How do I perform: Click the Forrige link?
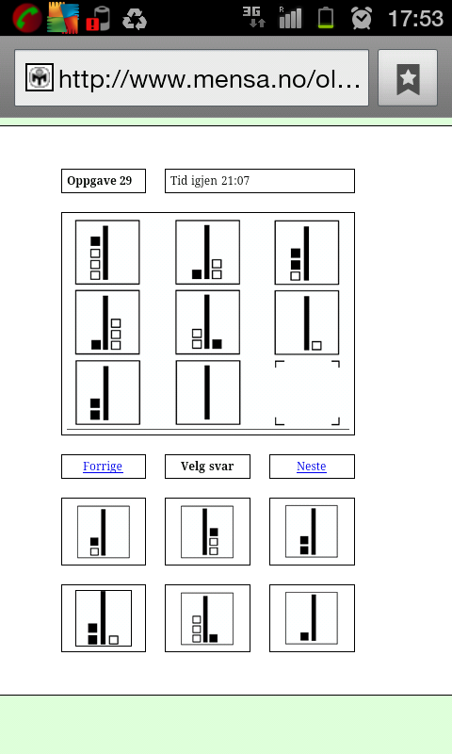coord(103,467)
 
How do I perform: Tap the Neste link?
coord(312,467)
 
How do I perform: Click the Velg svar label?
coord(207,467)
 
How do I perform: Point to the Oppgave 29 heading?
coord(100,181)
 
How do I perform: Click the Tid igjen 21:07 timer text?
coord(210,181)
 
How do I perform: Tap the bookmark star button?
coord(408,78)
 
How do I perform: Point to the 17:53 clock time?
coord(415,18)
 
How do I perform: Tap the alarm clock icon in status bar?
coord(362,18)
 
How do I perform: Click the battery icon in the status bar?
coord(326,18)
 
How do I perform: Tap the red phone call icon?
coord(26,18)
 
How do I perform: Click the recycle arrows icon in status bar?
coord(135,19)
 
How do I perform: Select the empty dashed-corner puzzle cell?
coord(307,393)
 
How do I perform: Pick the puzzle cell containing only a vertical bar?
coord(207,392)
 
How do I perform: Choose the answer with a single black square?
coord(312,618)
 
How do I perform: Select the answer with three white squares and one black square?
coord(207,618)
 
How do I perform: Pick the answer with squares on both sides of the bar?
coord(104,618)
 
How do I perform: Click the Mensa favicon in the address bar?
coord(40,77)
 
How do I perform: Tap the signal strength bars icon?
coord(291,17)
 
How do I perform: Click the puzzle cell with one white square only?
coord(306,322)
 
